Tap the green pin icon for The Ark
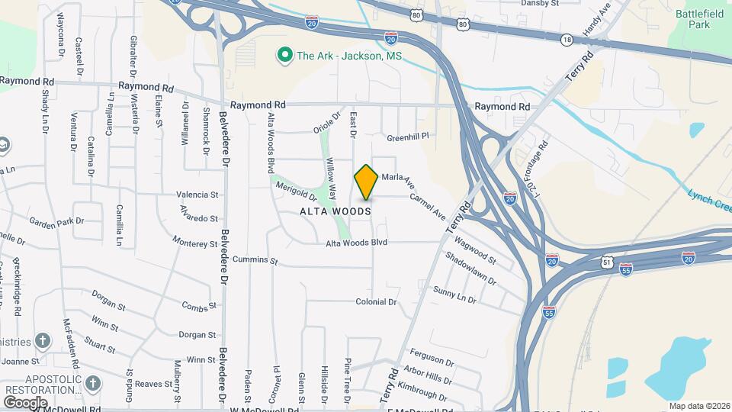coord(285,55)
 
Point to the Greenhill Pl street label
coord(408,137)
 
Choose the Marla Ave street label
coord(396,177)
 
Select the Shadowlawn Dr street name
coord(470,270)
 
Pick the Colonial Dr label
coord(376,302)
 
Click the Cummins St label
coord(255,260)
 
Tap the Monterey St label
coord(195,243)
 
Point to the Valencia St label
coord(197,195)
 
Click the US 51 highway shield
coord(607,262)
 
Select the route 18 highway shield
coord(566,39)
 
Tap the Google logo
coord(25,402)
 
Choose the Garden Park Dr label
coord(56,221)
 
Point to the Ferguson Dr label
coord(432,357)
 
